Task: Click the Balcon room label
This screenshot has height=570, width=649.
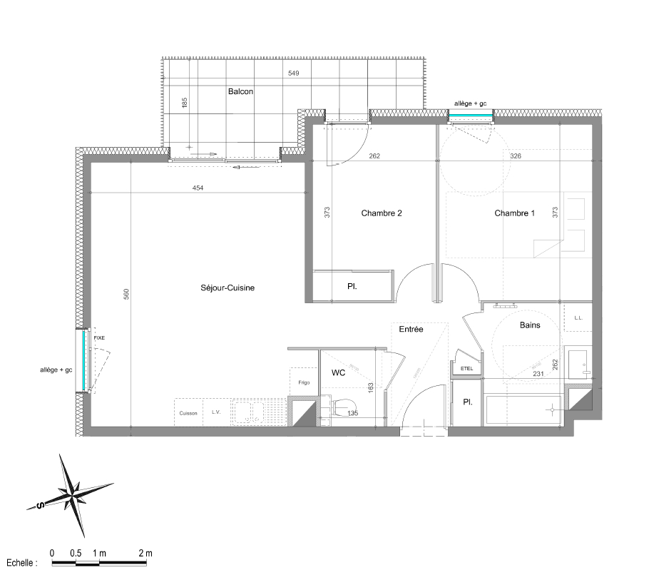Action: click(240, 91)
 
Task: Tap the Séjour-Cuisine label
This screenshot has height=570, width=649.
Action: click(228, 288)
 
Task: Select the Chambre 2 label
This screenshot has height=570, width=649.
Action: click(381, 213)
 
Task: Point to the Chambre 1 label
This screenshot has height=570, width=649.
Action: click(514, 213)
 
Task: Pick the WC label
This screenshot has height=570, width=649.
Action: click(339, 373)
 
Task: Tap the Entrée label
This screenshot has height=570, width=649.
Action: click(411, 329)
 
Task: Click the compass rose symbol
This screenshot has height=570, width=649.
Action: click(70, 494)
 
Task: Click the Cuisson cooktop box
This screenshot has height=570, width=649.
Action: click(188, 412)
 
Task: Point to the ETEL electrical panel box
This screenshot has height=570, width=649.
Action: click(467, 368)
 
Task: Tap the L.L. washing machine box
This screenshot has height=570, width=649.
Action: click(578, 318)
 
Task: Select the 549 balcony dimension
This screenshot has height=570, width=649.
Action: click(293, 73)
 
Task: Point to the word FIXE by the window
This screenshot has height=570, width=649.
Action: click(98, 337)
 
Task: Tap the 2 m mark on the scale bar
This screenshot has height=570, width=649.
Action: click(145, 553)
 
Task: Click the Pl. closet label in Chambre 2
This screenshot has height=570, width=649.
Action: click(352, 287)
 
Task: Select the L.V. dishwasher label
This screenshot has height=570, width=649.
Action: click(216, 412)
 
